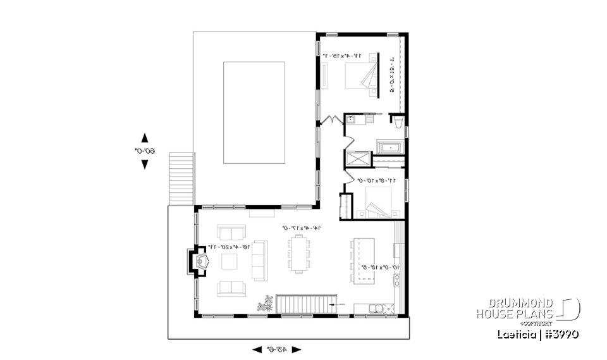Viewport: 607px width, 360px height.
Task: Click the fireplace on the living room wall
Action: coord(197,262)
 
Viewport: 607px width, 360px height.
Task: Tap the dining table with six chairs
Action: coord(298,254)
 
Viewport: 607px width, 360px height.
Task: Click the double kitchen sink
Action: coord(378,309)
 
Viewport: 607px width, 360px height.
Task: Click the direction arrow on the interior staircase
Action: coord(338,304)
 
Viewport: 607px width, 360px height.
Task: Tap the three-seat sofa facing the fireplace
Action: coord(259,259)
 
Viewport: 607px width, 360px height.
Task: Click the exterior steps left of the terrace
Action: coord(181,178)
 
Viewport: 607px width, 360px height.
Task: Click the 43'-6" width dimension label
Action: coord(277,349)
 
